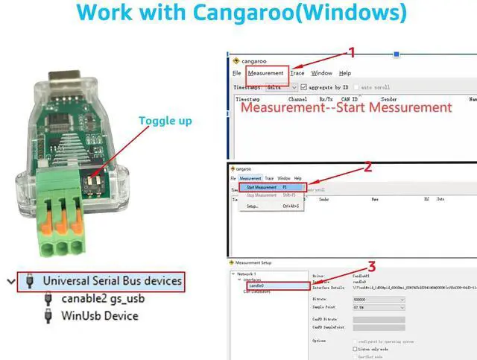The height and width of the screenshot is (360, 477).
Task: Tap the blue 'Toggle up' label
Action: pyautogui.click(x=165, y=120)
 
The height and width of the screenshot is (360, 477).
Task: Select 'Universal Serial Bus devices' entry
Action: pyautogui.click(x=112, y=281)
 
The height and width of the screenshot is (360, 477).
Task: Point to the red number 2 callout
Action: pyautogui.click(x=367, y=167)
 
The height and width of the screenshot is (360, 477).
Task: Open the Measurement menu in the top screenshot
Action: pyautogui.click(x=266, y=73)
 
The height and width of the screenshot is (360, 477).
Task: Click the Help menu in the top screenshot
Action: pyautogui.click(x=345, y=73)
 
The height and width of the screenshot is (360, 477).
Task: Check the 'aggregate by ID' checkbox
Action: pyautogui.click(x=304, y=87)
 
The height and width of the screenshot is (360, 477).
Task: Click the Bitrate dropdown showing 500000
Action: pyautogui.click(x=379, y=299)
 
